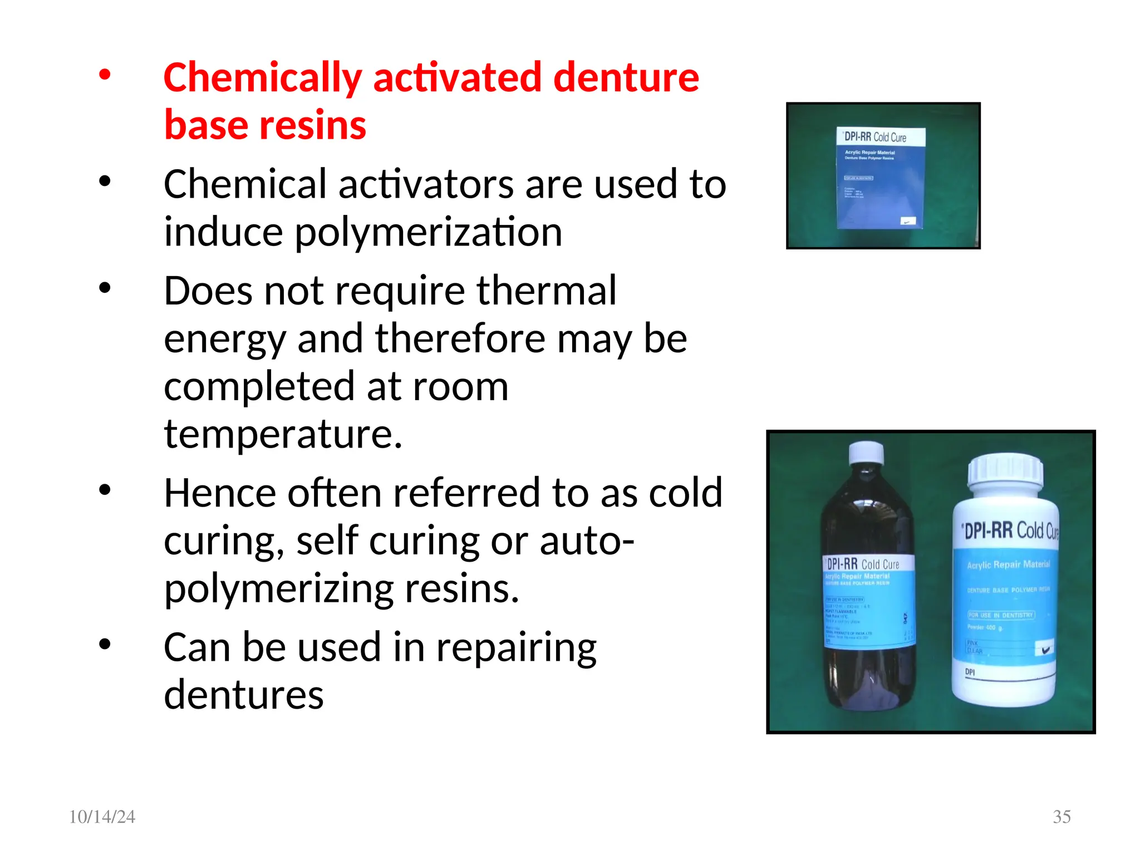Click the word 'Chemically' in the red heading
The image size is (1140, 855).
(262, 78)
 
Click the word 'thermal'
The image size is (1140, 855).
(546, 291)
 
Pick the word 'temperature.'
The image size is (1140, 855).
(283, 434)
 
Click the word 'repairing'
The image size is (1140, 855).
(516, 648)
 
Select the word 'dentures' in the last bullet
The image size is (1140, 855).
(243, 695)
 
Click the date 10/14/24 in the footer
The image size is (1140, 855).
(102, 817)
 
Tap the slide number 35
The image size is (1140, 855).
(1062, 817)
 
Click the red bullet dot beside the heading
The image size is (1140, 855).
(105, 74)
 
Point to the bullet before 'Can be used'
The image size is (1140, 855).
(105, 644)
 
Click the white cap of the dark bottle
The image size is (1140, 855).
(866, 453)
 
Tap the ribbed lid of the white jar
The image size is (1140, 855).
(1005, 471)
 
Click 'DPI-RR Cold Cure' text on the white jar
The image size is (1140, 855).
(1010, 530)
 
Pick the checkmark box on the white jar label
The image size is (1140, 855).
(1044, 649)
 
